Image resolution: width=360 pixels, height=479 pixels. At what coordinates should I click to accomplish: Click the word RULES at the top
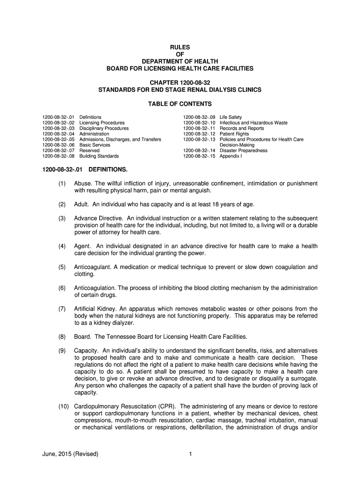(x=180, y=46)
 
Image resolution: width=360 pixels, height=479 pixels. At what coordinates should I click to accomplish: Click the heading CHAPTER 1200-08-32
(x=180, y=82)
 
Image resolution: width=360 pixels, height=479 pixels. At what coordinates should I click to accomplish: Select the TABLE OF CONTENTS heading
(x=180, y=104)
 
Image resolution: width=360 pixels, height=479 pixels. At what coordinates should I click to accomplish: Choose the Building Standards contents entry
(x=99, y=156)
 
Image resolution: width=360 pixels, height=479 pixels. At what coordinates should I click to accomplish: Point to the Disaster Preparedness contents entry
(x=244, y=151)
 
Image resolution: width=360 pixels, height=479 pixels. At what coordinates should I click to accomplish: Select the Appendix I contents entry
(x=232, y=156)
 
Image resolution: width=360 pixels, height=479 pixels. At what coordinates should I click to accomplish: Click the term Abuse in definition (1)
(x=82, y=183)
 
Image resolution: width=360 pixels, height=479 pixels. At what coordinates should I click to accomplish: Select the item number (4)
(x=62, y=246)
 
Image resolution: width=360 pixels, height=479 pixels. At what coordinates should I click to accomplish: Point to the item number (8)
(x=62, y=337)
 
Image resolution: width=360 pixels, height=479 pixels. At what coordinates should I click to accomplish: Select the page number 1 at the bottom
(x=191, y=454)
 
